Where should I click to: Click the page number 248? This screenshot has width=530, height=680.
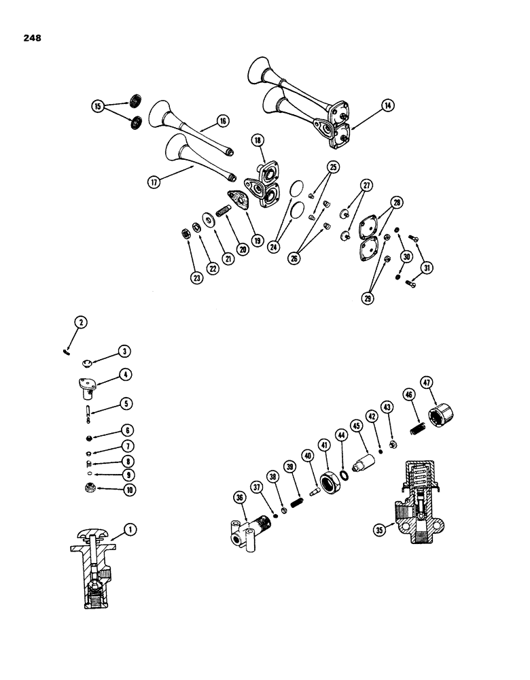(x=31, y=38)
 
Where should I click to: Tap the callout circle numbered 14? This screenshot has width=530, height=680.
(x=387, y=105)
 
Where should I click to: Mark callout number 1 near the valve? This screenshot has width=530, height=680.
(x=130, y=527)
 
